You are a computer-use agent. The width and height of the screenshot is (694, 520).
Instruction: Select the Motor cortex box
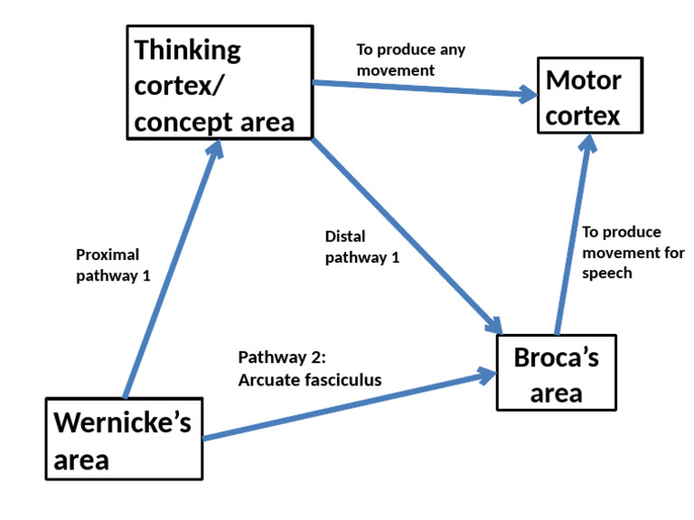pos(588,97)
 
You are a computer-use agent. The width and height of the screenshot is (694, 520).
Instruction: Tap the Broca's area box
pos(556,374)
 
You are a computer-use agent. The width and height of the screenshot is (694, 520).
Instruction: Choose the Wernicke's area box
pos(123,440)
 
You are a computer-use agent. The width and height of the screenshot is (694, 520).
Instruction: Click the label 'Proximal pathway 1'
pos(113,265)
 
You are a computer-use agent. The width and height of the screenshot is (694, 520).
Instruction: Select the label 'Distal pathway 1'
pos(361,246)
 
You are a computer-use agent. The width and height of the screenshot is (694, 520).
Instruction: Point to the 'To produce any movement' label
pos(411,60)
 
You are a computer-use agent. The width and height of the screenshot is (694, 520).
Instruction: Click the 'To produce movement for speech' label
pos(633,252)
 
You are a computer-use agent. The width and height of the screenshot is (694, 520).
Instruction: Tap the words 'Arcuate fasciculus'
pos(309,380)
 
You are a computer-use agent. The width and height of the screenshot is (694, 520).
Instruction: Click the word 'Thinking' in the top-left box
pos(188,50)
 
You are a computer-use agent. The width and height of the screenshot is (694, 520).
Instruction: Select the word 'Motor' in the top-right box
pos(584,80)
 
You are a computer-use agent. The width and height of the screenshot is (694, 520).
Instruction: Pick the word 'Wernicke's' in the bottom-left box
pos(123,422)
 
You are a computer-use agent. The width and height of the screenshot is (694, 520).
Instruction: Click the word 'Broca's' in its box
pos(556,357)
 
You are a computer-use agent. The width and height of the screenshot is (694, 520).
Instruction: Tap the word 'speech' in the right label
pos(606,273)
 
